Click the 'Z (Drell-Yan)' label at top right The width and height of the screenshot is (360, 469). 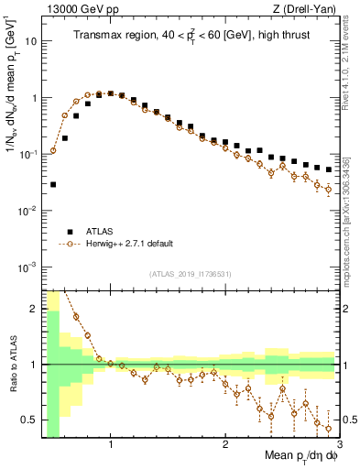[308, 9]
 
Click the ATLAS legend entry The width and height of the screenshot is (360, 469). [101, 232]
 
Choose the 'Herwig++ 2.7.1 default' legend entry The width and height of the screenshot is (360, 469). [128, 244]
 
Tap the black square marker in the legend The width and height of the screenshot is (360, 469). [70, 232]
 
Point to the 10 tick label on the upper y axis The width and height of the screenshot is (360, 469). [29, 41]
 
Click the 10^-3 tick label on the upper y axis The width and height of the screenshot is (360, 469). [27, 267]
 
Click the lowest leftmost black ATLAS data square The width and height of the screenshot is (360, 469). [53, 184]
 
